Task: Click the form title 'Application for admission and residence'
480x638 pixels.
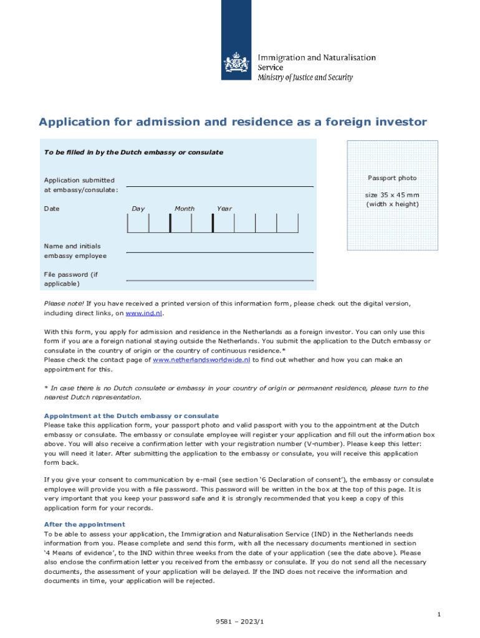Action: click(x=233, y=122)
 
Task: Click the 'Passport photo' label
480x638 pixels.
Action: click(x=392, y=178)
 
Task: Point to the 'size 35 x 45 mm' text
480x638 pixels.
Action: click(x=392, y=195)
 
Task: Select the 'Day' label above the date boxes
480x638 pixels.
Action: click(x=138, y=209)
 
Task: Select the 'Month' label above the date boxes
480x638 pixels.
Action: click(x=185, y=209)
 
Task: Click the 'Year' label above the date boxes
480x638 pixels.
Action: click(x=224, y=209)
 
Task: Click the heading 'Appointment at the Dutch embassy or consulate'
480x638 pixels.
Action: click(x=131, y=416)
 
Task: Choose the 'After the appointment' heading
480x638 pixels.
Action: click(x=84, y=525)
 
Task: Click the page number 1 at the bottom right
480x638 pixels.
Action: click(x=439, y=615)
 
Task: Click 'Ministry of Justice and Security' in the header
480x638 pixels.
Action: click(x=305, y=78)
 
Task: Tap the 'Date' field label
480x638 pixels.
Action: click(x=52, y=209)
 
